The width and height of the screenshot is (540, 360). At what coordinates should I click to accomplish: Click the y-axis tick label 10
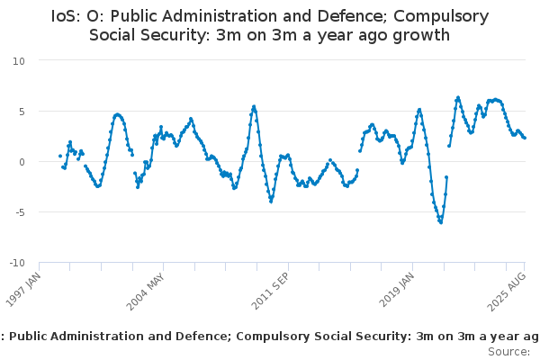[x=19, y=61]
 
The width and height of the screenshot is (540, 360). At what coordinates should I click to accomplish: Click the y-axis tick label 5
[x=22, y=112]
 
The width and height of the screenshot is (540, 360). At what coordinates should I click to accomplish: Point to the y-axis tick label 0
[x=22, y=162]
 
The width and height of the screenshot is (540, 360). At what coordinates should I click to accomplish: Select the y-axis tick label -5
[x=21, y=212]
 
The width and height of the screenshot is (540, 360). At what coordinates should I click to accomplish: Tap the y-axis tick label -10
[x=17, y=263]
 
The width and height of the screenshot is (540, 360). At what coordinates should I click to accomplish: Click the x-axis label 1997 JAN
[x=23, y=290]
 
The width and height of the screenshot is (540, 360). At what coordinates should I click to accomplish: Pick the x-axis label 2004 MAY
[x=145, y=292]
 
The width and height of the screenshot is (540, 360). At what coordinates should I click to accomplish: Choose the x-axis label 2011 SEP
[x=270, y=292]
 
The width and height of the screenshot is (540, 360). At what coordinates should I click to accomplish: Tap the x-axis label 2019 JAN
[x=396, y=290]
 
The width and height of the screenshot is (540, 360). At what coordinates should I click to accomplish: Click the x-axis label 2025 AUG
[x=507, y=292]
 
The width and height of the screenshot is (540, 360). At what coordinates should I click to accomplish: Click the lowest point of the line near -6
[x=441, y=222]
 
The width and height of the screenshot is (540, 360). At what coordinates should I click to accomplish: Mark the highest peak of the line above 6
[x=458, y=97]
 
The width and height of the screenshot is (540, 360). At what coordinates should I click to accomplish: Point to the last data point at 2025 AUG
[x=525, y=138]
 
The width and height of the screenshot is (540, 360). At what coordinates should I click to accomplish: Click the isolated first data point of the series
[x=60, y=156]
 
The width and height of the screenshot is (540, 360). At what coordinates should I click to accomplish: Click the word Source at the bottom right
[x=508, y=352]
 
